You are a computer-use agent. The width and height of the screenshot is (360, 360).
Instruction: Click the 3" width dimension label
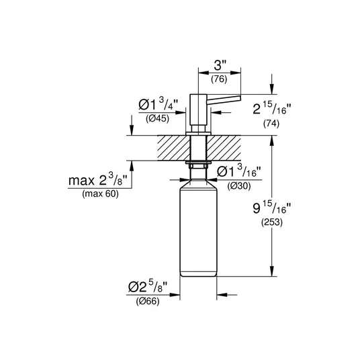click(x=220, y=65)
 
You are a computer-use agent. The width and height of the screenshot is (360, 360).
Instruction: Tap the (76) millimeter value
click(x=219, y=79)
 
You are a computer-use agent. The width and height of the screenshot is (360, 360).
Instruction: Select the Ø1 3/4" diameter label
click(x=159, y=104)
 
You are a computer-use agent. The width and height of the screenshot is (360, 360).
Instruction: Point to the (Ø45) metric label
click(x=157, y=119)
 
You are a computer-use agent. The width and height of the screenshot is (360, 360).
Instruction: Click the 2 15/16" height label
click(x=272, y=108)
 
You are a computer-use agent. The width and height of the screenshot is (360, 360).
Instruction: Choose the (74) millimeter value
click(x=271, y=124)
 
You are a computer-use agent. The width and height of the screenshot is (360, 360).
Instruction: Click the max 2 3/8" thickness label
click(x=98, y=179)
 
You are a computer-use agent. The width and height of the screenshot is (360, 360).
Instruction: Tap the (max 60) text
click(x=101, y=194)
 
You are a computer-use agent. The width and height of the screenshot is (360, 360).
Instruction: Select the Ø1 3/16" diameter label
click(x=239, y=171)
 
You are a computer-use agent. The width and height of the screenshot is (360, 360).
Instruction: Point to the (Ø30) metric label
click(x=239, y=186)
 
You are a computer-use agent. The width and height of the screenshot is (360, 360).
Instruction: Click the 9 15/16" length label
click(x=272, y=208)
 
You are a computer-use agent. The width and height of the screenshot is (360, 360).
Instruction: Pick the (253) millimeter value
click(x=272, y=222)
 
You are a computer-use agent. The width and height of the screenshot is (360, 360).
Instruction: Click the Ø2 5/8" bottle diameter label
click(x=148, y=286)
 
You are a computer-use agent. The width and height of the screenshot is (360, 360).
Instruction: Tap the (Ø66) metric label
click(x=148, y=301)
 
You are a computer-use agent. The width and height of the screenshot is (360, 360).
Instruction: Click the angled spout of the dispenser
click(x=224, y=99)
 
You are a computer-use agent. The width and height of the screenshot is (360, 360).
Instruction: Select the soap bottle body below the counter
click(x=198, y=228)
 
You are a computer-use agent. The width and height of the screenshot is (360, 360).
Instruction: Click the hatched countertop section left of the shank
click(x=174, y=148)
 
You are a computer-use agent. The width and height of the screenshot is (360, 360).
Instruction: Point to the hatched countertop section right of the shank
click(x=224, y=148)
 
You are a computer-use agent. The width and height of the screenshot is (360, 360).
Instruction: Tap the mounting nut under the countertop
click(x=199, y=164)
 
